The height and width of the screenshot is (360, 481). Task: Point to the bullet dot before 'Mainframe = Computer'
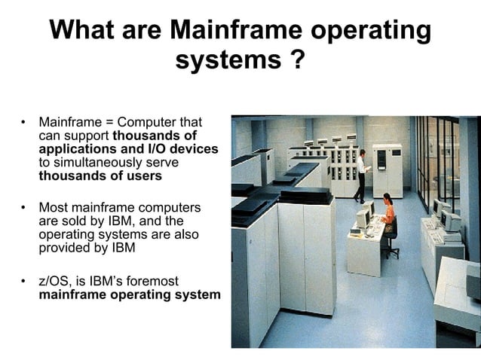pyautogui.click(x=23, y=121)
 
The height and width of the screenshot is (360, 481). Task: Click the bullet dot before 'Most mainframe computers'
pyautogui.click(x=23, y=207)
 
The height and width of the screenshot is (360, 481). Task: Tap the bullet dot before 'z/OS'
pyautogui.click(x=23, y=281)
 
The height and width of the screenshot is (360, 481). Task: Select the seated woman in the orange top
pyautogui.click(x=388, y=215)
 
